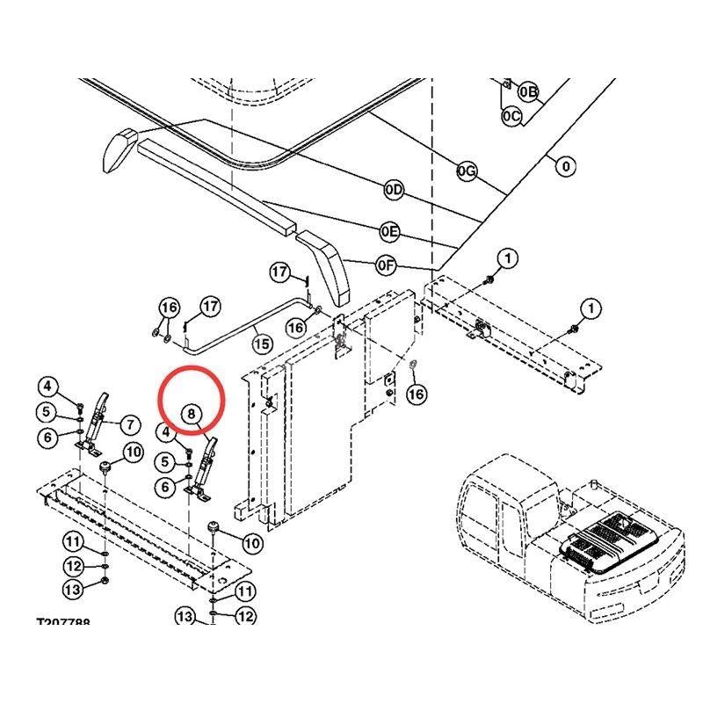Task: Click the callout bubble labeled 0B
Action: pyautogui.click(x=529, y=91)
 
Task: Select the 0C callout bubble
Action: pyautogui.click(x=511, y=115)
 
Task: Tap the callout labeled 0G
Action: pyautogui.click(x=467, y=171)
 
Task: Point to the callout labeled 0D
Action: pyautogui.click(x=393, y=191)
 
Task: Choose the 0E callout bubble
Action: pyautogui.click(x=389, y=231)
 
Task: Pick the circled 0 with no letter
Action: pyautogui.click(x=565, y=165)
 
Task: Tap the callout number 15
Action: pyautogui.click(x=261, y=341)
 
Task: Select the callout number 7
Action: pyautogui.click(x=129, y=425)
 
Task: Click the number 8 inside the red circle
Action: pyautogui.click(x=192, y=412)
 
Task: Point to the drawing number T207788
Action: pyautogui.click(x=75, y=622)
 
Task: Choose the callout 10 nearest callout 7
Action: pyautogui.click(x=133, y=453)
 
